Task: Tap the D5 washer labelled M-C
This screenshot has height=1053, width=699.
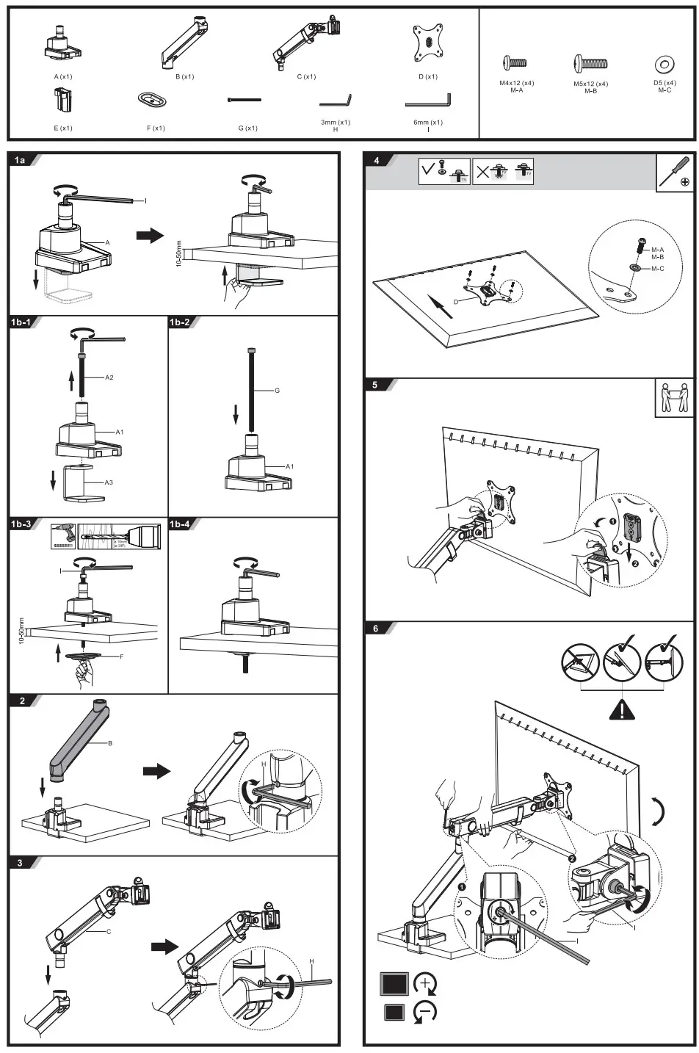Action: [664, 65]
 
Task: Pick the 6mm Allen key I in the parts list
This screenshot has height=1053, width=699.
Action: [429, 99]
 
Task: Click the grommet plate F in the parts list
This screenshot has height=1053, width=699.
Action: [155, 99]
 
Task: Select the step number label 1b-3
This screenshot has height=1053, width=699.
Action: [22, 524]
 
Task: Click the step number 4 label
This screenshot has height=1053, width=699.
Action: [377, 161]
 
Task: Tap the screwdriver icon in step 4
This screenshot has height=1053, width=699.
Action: [675, 173]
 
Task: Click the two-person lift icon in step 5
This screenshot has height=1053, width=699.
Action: [673, 398]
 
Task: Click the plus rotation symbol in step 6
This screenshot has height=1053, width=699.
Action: [426, 984]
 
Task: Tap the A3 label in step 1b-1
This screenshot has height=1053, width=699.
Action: [108, 482]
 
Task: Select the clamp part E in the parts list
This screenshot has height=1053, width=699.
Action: [62, 99]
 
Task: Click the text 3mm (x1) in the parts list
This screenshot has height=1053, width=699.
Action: [335, 123]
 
